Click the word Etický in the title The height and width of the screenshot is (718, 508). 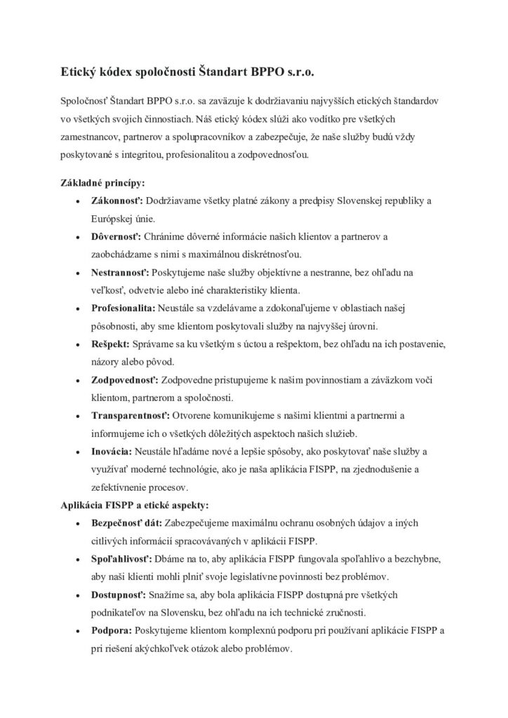click(x=79, y=71)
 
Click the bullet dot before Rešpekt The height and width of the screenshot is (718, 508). click(x=76, y=346)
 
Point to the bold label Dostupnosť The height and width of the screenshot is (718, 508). click(x=119, y=595)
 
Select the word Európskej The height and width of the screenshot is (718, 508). click(x=115, y=219)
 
